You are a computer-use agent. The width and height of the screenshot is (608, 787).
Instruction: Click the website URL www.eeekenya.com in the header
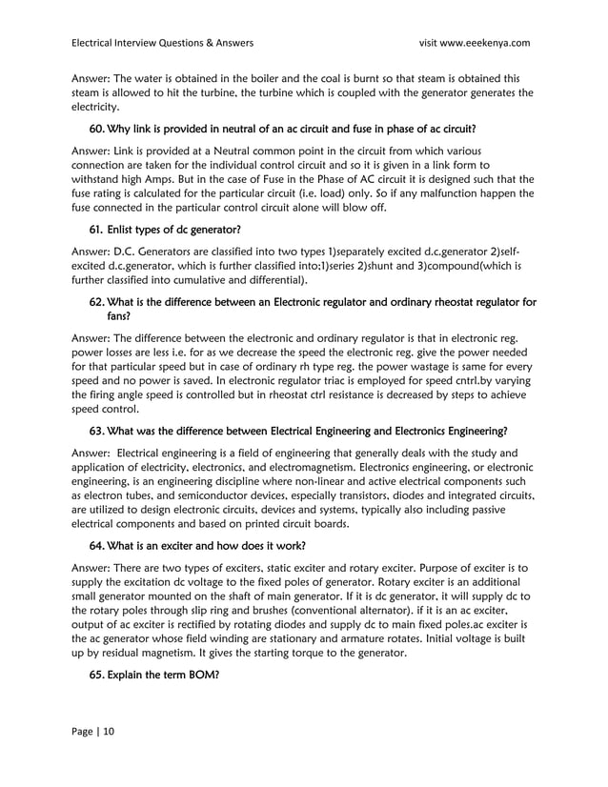click(482, 43)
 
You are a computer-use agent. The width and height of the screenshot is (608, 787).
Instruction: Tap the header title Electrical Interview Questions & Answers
click(163, 43)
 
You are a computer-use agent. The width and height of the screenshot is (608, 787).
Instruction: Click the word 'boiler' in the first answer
click(272, 78)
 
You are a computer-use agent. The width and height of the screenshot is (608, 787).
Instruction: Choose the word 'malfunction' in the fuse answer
click(429, 194)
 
